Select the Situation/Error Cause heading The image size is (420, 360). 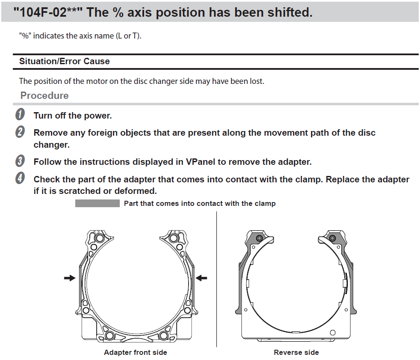(x=65, y=61)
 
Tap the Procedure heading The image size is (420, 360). (x=44, y=95)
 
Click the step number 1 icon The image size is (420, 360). (x=20, y=114)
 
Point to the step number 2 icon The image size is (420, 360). (x=20, y=131)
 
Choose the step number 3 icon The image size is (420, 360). (x=20, y=161)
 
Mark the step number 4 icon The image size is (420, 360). (x=20, y=178)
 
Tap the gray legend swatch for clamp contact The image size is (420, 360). (x=98, y=203)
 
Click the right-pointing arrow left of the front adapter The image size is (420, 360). (x=70, y=278)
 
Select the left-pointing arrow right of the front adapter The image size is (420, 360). (x=201, y=278)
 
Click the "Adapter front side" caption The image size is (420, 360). (x=136, y=352)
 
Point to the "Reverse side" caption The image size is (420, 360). (x=296, y=352)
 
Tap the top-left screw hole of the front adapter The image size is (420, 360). (x=99, y=238)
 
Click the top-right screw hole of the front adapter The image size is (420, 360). (x=174, y=238)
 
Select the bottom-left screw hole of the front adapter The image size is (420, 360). (x=109, y=335)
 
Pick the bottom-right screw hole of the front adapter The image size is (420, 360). (x=163, y=335)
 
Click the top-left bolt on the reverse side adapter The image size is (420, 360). (x=259, y=238)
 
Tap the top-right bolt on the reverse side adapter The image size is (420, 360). (x=332, y=238)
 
